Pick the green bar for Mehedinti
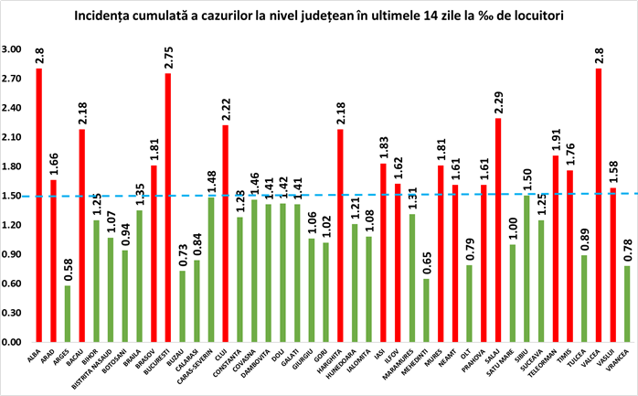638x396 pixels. click(x=426, y=311)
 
